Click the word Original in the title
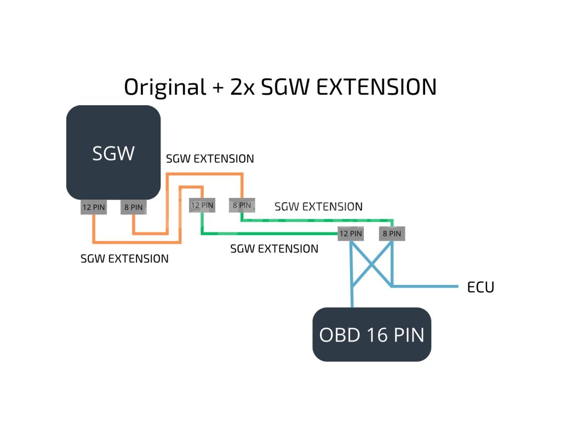[165, 87]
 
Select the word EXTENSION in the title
[376, 87]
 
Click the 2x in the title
[242, 87]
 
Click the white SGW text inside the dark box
[113, 153]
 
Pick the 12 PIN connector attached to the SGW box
[94, 207]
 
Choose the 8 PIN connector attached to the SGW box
[134, 207]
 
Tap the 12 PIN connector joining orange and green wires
[202, 205]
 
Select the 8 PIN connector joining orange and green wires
[242, 205]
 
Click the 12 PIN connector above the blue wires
[351, 234]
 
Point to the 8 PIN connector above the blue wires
[392, 234]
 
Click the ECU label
[480, 287]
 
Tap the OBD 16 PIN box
[372, 334]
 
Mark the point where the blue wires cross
[372, 265]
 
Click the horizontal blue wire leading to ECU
[425, 286]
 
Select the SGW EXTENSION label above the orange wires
[210, 158]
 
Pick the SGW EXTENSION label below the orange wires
[124, 259]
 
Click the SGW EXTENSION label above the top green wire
[318, 207]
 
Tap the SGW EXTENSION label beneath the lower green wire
[274, 249]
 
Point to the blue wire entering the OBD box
[352, 274]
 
